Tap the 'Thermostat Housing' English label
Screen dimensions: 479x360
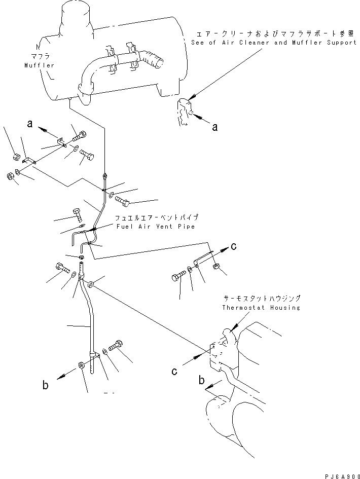point(261,307)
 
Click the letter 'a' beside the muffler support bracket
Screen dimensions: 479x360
point(214,128)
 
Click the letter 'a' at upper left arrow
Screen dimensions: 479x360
point(31,123)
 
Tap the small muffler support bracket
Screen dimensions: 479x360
point(184,112)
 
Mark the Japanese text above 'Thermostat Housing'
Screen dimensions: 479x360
point(261,299)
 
